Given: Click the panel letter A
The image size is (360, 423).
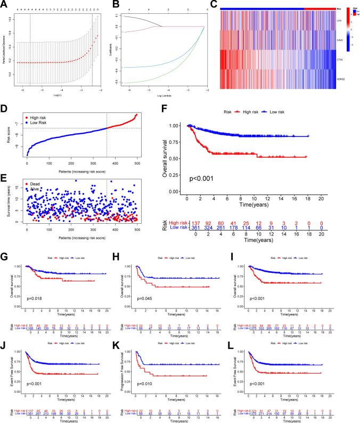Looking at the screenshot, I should pos(5,4).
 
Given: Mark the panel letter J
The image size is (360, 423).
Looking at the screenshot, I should pos(4,337).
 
